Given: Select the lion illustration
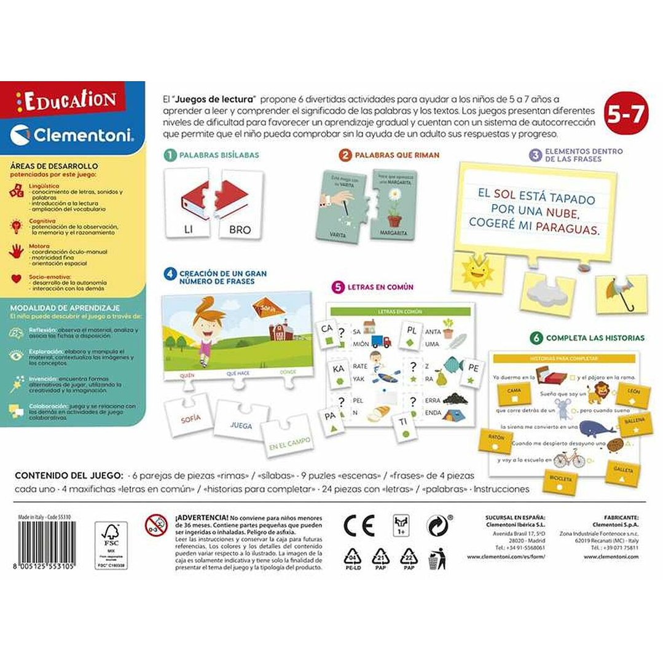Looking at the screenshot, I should (597, 392).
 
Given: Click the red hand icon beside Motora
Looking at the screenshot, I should (17, 251).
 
